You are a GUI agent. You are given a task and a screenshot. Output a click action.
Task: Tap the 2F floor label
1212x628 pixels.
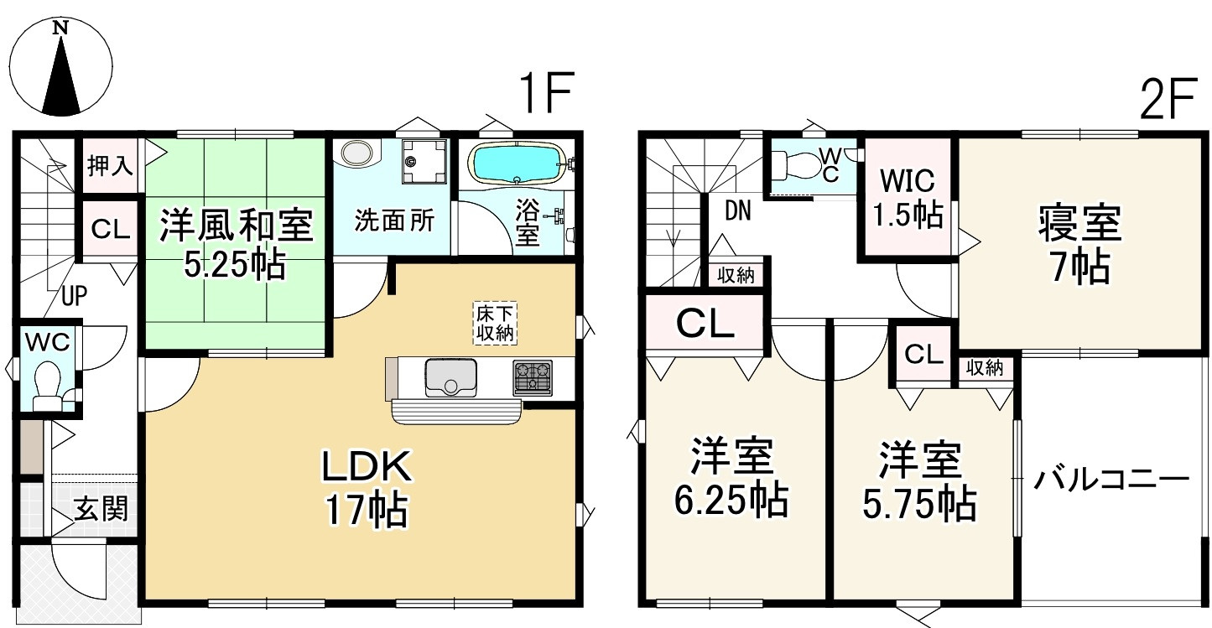(x=1166, y=100)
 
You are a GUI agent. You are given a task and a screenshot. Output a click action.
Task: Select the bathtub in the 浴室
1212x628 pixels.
(x=514, y=162)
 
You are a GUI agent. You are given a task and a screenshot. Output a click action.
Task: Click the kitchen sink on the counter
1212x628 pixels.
(x=450, y=377)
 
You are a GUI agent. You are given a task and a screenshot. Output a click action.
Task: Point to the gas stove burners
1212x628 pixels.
(x=533, y=376)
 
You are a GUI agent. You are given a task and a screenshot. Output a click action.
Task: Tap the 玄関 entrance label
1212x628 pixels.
(x=101, y=508)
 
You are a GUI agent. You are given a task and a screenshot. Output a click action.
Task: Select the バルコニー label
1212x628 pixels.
(x=1111, y=480)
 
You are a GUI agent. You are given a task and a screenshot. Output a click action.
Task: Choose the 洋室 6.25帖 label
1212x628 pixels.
(x=731, y=480)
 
